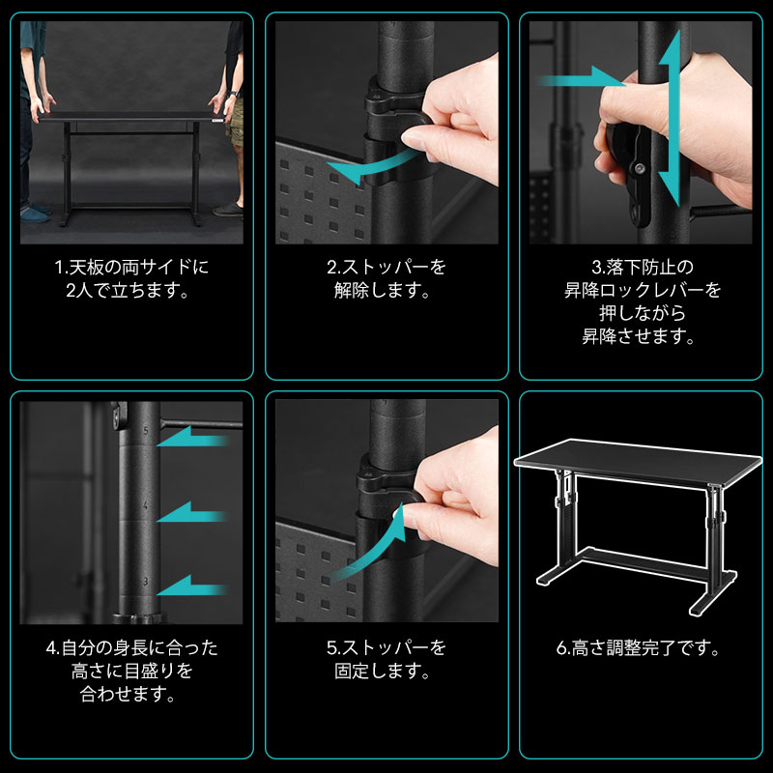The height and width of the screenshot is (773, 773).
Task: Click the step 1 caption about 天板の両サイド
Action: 131,278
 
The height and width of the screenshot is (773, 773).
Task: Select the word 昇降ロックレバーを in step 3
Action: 643,290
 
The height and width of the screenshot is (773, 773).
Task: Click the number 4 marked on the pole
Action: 145,505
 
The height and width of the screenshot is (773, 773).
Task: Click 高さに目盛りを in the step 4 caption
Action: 131,671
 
